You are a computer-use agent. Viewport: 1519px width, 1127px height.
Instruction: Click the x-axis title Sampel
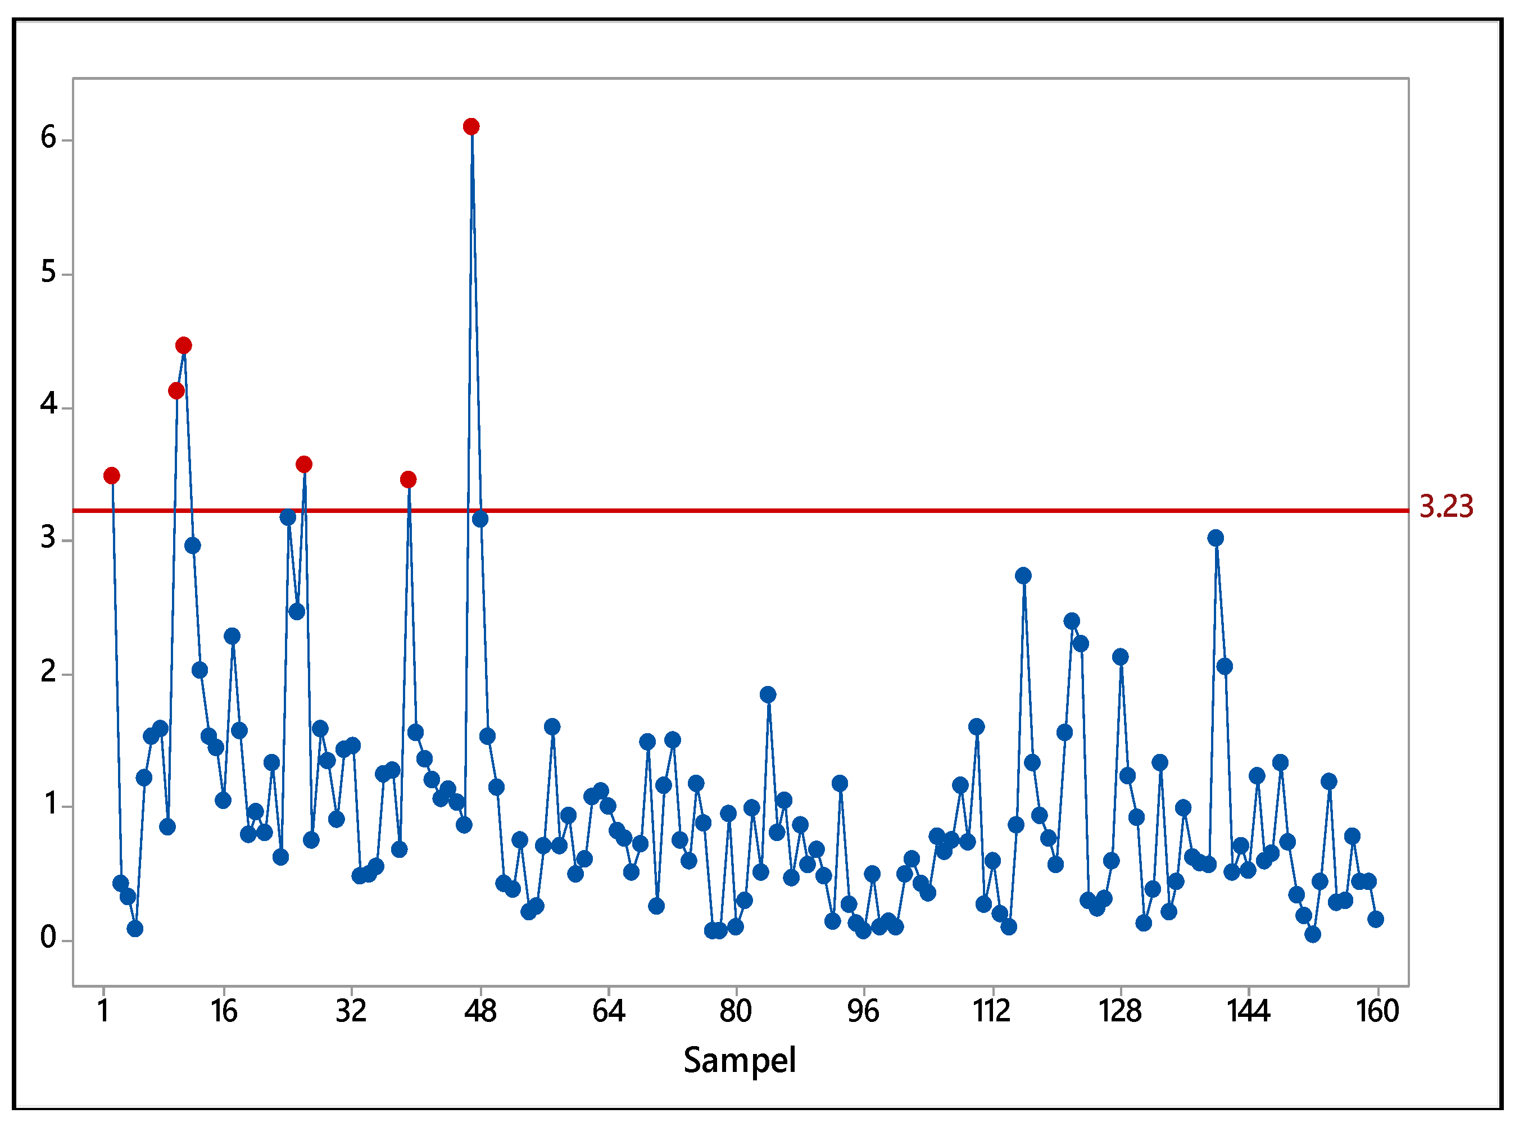[x=740, y=1060]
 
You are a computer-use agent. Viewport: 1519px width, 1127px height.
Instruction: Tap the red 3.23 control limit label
[x=1446, y=507]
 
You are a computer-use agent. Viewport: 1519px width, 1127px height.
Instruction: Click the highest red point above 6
[x=471, y=127]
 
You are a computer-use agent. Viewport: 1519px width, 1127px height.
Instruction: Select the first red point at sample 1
[x=112, y=475]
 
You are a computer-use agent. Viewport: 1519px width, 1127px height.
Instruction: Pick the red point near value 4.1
[x=176, y=391]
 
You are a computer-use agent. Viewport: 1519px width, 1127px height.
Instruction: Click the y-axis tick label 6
[x=48, y=138]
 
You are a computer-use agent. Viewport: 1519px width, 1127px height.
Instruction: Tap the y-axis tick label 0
[x=48, y=938]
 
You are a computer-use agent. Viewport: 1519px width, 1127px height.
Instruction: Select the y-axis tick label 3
[x=48, y=538]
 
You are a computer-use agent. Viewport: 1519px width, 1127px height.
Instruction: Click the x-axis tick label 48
[x=480, y=1011]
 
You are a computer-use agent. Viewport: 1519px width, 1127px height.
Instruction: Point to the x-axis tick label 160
[x=1377, y=1011]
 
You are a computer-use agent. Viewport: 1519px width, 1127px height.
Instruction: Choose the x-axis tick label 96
[x=863, y=1011]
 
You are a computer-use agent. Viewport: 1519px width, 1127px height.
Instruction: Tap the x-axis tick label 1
[x=104, y=1011]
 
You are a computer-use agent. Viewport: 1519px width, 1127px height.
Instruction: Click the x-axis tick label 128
[x=1120, y=1011]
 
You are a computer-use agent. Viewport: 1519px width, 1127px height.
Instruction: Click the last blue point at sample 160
[x=1376, y=919]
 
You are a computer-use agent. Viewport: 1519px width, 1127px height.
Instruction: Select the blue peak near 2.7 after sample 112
[x=1023, y=576]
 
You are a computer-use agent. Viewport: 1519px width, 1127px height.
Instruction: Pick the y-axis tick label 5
[x=48, y=272]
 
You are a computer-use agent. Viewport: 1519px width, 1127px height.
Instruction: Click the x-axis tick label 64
[x=608, y=1011]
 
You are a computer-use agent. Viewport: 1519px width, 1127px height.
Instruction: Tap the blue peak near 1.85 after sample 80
[x=768, y=694]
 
